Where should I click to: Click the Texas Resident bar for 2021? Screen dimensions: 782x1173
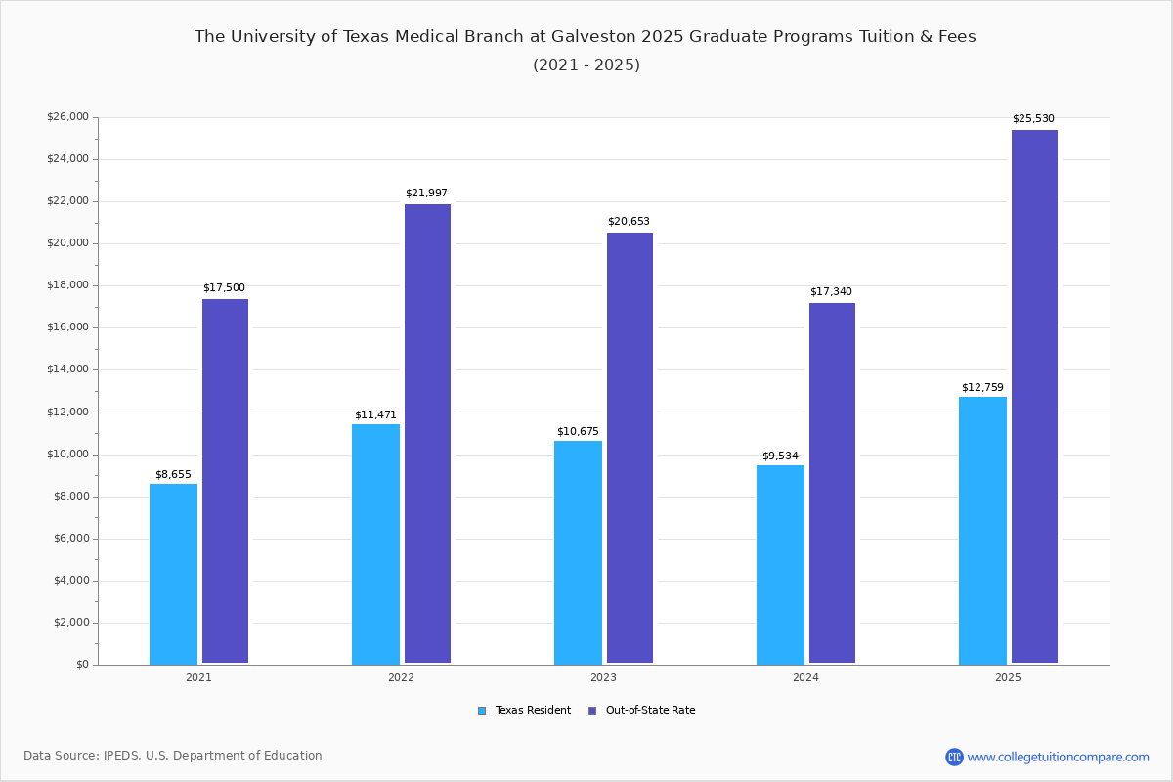tap(173, 574)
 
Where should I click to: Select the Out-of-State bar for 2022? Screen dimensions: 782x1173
tap(427, 434)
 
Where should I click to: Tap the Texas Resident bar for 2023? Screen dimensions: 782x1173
tap(578, 552)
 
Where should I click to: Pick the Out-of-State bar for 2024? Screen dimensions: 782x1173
tap(832, 483)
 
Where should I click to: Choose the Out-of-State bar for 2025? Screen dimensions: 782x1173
tap(1034, 397)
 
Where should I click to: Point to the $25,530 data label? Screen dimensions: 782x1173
tap(1033, 119)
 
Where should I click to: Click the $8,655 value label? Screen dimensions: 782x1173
tap(173, 475)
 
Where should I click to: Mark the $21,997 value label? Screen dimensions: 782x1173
tap(426, 194)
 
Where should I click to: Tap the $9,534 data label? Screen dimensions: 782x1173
tap(780, 456)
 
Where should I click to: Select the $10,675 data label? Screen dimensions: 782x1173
tap(578, 432)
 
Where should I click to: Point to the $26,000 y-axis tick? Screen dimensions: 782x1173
tap(67, 117)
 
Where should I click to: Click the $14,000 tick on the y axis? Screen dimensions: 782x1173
tap(67, 369)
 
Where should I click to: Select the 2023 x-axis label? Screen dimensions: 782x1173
tap(603, 677)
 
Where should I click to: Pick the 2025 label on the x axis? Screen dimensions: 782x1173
tap(1008, 677)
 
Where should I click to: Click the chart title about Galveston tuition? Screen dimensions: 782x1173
tap(586, 37)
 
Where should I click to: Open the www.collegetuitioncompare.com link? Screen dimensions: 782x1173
tap(1058, 757)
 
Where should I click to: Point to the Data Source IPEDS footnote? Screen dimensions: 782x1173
tap(173, 756)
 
